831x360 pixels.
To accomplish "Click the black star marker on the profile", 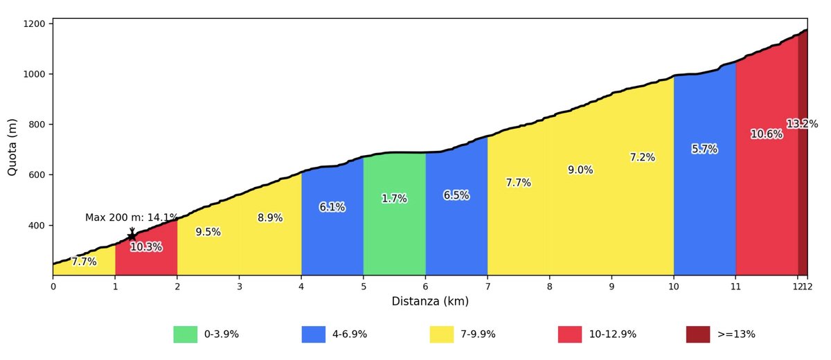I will tap(132, 236).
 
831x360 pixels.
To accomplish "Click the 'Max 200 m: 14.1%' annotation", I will tap(132, 217).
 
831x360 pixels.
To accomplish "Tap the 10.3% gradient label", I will tap(146, 247).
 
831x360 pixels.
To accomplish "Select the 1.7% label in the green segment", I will tap(394, 199).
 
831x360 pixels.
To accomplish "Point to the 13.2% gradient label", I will tap(802, 124).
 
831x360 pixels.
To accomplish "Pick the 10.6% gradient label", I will tap(767, 134).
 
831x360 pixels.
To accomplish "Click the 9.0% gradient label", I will tap(580, 170).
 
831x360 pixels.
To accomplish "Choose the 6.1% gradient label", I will tap(332, 207).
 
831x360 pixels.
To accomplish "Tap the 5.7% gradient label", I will tap(704, 149).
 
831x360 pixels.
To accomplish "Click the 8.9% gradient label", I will tap(270, 218).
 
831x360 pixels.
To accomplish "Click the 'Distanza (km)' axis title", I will tap(430, 301).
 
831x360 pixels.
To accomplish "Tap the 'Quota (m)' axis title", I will tap(12, 147).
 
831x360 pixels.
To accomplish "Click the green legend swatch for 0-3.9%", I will tap(185, 334).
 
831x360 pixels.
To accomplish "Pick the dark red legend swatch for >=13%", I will tap(698, 334).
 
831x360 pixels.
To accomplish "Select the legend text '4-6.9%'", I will tap(350, 334).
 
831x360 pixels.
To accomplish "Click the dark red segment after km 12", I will tap(803, 208).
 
